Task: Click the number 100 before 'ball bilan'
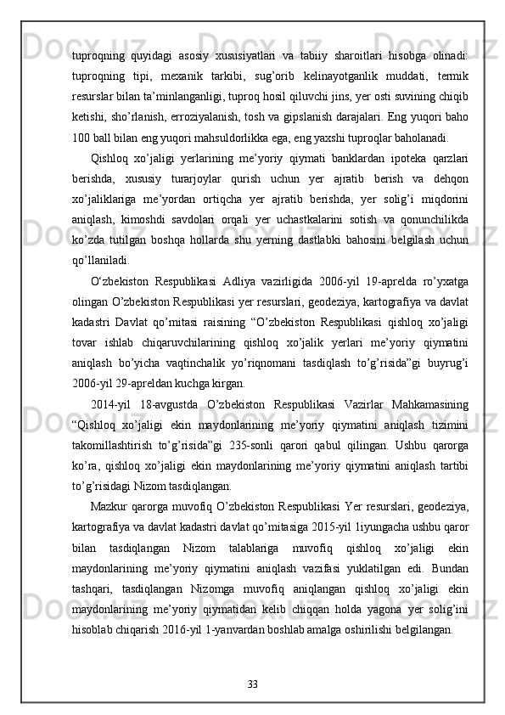[x=81, y=138]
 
